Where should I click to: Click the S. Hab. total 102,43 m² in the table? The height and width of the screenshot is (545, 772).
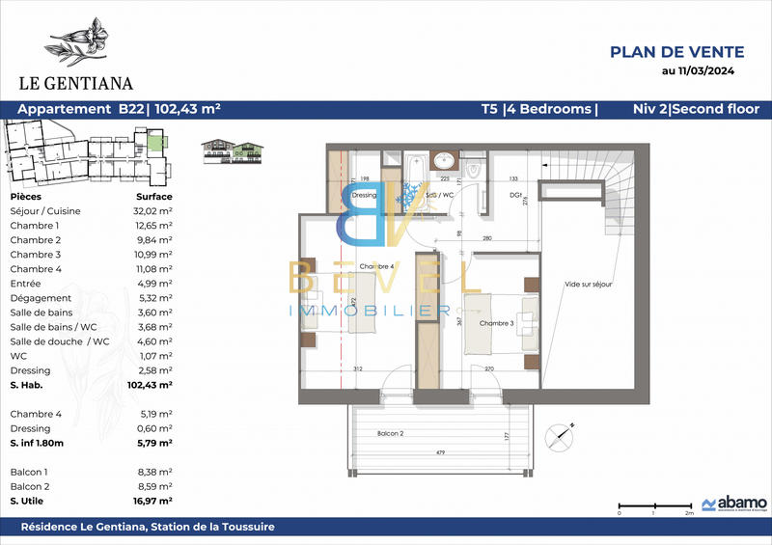151,384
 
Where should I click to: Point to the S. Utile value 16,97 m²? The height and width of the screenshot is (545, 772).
152,502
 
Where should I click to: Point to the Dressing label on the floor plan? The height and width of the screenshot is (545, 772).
364,195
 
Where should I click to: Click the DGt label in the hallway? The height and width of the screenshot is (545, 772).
502,195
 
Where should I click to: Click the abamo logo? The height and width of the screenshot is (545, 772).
734,504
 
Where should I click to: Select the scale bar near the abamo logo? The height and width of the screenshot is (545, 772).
653,505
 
